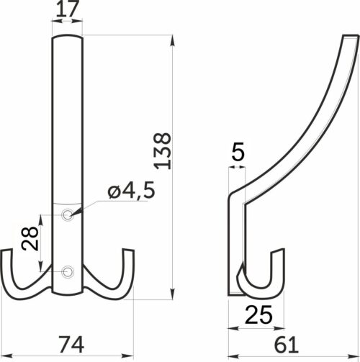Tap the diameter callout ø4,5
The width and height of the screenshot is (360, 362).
[x=130, y=191]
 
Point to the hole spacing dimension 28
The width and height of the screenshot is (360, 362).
[x=30, y=238]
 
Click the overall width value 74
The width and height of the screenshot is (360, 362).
[x=69, y=341]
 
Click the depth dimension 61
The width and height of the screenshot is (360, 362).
[x=289, y=341]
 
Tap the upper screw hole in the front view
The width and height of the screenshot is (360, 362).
[x=68, y=214]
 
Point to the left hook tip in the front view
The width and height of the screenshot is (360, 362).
[x=6, y=253]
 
